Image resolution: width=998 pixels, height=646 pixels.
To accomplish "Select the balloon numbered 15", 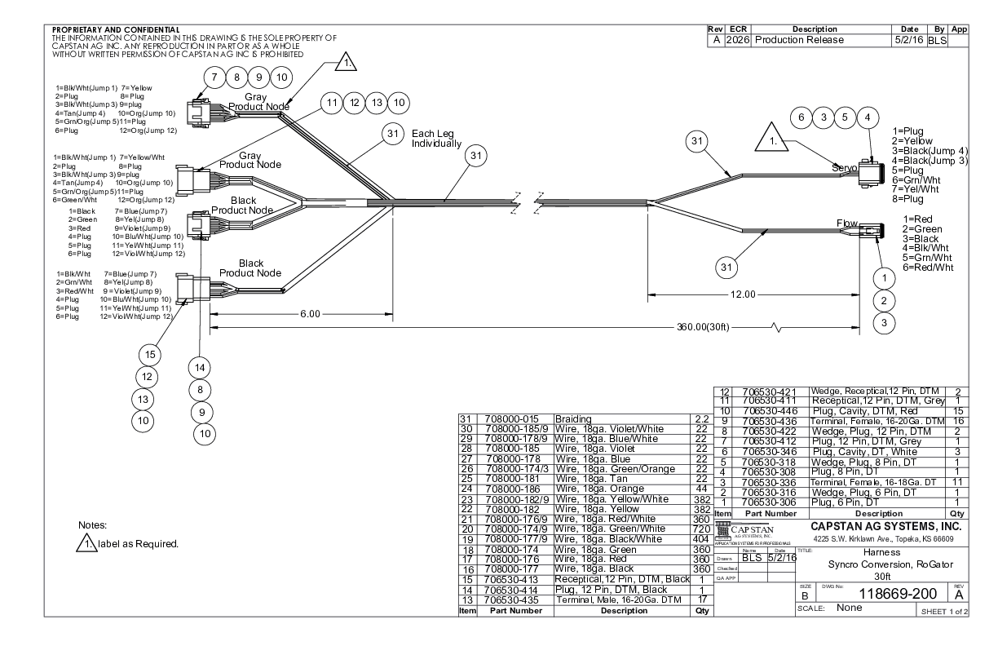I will click(150, 355).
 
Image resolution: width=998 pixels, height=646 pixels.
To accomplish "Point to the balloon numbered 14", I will click(202, 368).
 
